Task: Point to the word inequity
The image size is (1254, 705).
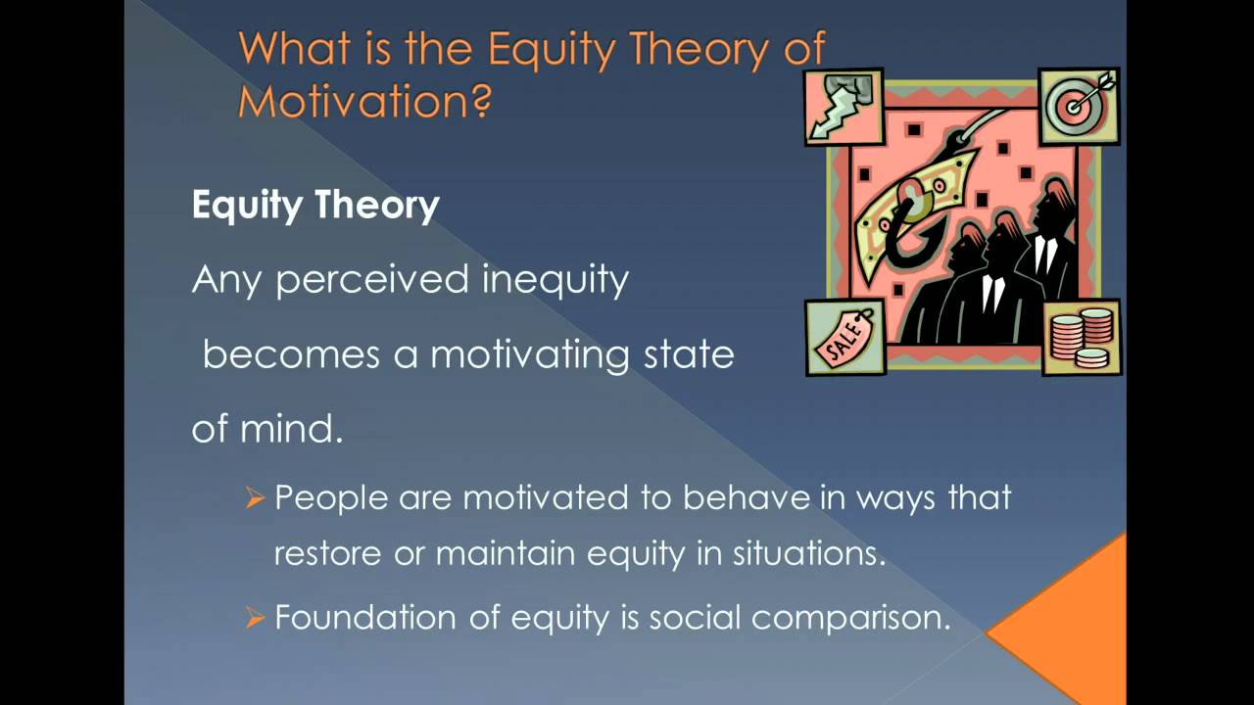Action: (x=555, y=280)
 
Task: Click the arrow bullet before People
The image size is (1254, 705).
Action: (x=255, y=498)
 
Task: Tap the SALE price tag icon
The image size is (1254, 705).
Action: (x=844, y=338)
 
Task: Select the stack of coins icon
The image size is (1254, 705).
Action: (x=1081, y=337)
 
